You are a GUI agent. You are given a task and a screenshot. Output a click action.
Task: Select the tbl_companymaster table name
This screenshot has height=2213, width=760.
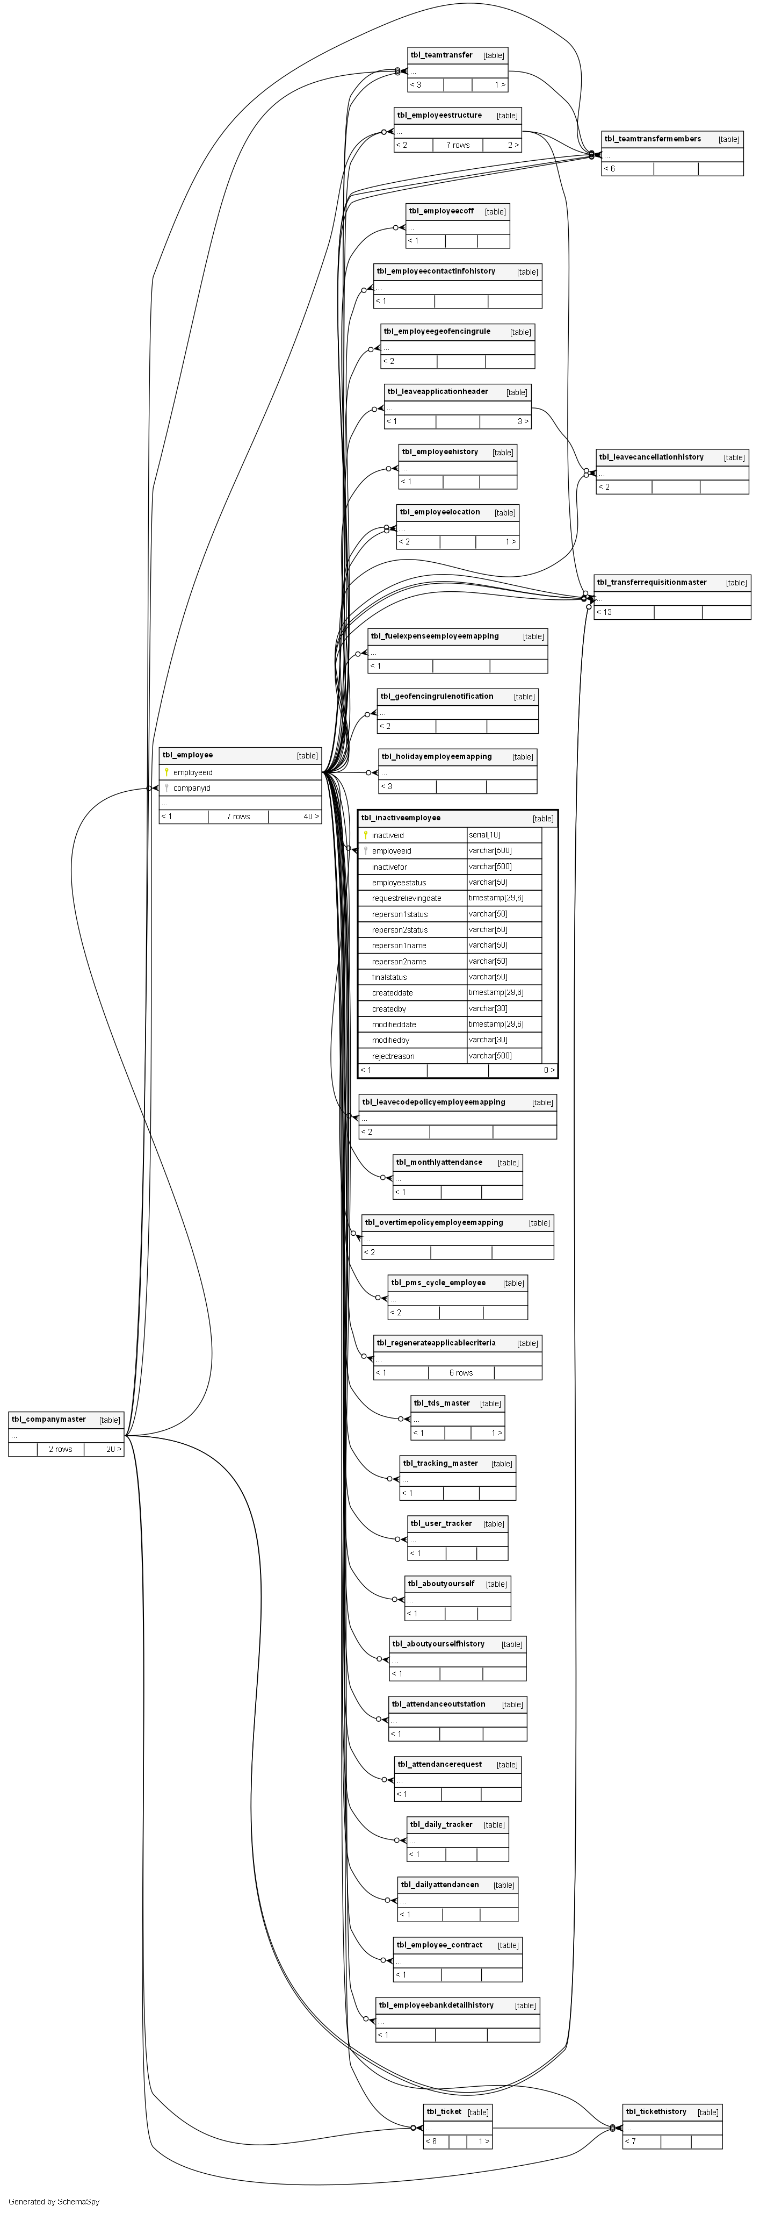(x=49, y=1419)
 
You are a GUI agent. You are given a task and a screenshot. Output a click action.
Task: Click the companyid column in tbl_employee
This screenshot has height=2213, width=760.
(x=192, y=788)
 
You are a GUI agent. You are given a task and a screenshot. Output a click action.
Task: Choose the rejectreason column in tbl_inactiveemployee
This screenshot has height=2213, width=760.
(x=393, y=1056)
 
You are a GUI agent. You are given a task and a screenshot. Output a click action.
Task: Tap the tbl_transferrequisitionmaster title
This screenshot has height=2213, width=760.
(x=652, y=583)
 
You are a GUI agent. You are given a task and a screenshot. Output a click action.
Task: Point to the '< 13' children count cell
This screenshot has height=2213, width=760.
(x=605, y=613)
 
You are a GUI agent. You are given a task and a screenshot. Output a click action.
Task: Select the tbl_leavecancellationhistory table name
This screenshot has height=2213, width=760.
(x=651, y=457)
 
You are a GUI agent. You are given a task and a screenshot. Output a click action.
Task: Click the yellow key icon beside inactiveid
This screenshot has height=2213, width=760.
(x=366, y=835)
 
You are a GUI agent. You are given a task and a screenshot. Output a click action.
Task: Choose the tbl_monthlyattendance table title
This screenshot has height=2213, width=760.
(x=439, y=1162)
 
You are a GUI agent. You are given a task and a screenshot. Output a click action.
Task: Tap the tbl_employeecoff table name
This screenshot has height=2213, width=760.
(x=440, y=211)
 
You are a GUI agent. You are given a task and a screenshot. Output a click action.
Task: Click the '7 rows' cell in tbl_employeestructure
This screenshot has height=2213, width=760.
(x=458, y=145)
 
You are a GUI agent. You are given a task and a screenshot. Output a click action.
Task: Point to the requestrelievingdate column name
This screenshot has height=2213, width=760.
(x=406, y=899)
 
